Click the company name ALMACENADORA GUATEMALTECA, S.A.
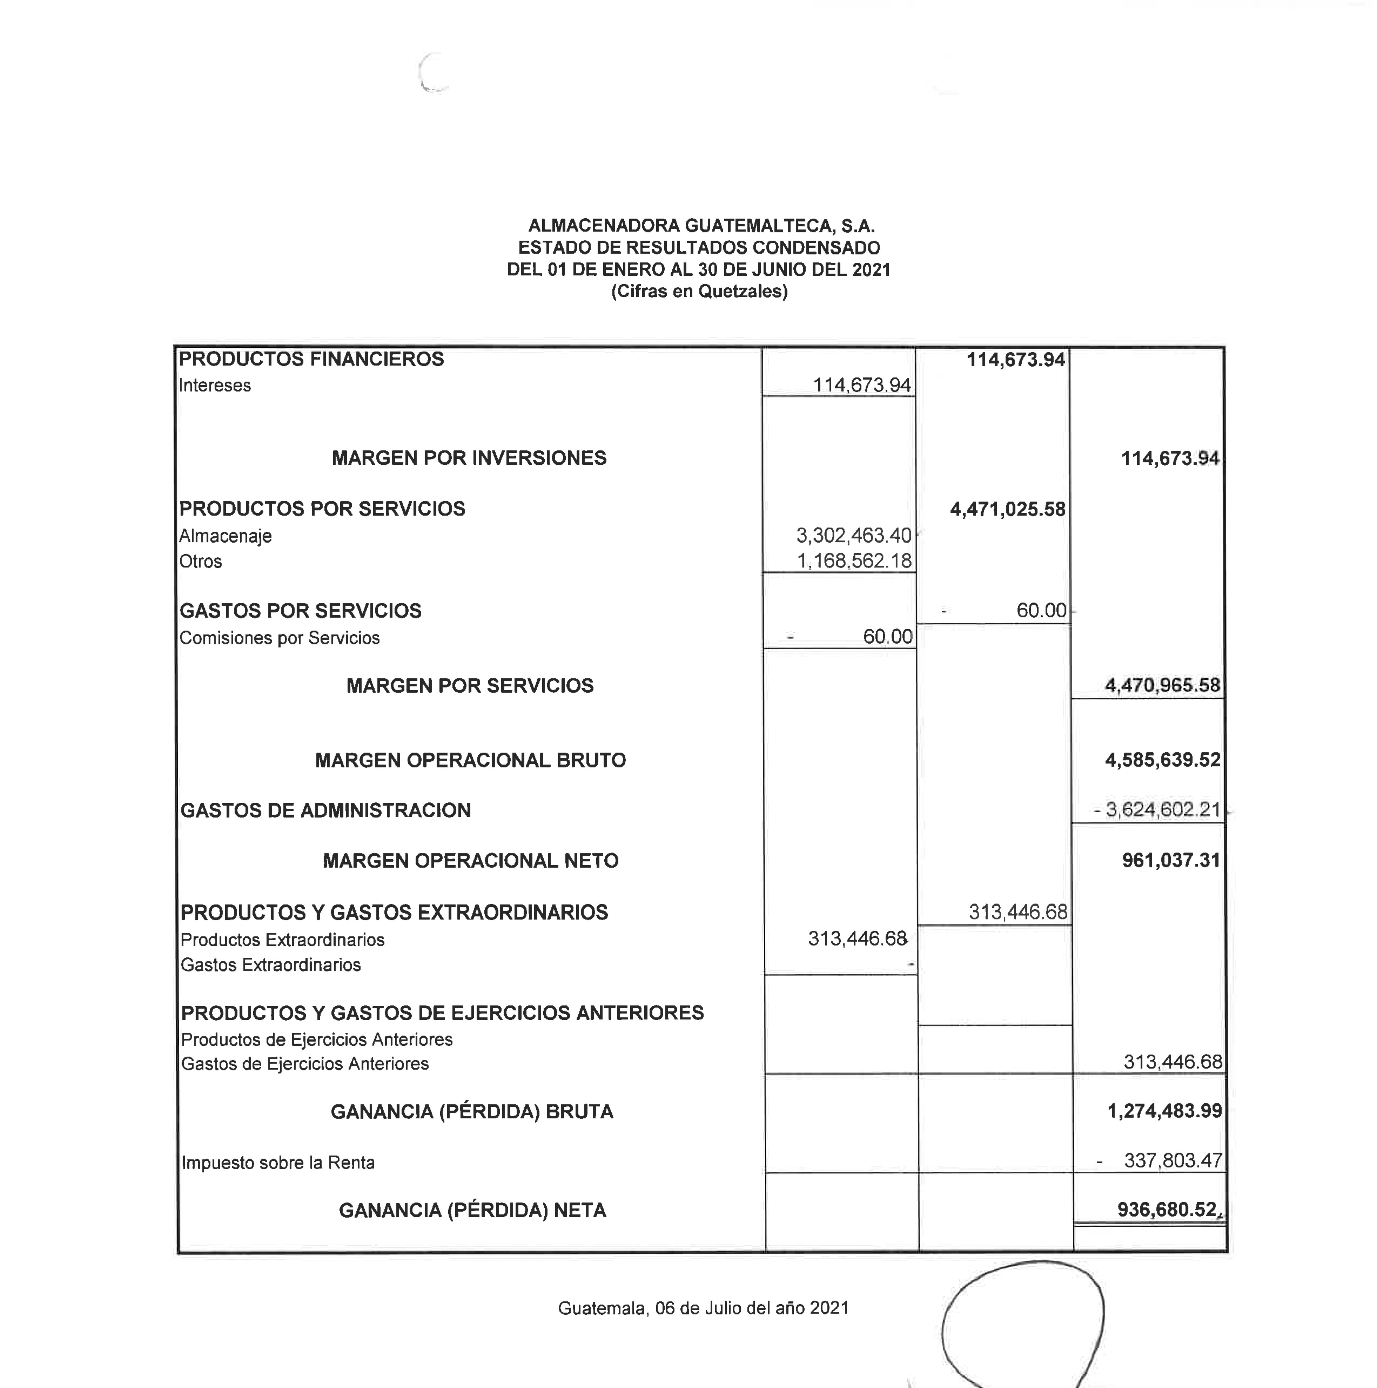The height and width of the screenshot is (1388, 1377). point(701,226)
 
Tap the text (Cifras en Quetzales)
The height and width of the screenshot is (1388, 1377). point(699,291)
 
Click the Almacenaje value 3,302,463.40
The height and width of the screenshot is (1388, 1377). point(853,535)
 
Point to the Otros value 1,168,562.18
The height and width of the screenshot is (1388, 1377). point(854,560)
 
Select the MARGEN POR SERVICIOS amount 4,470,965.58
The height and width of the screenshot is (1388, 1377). point(1162,685)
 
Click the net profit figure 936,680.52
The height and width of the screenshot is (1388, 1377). point(1166,1210)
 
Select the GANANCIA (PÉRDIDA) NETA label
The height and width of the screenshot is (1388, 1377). point(472,1211)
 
